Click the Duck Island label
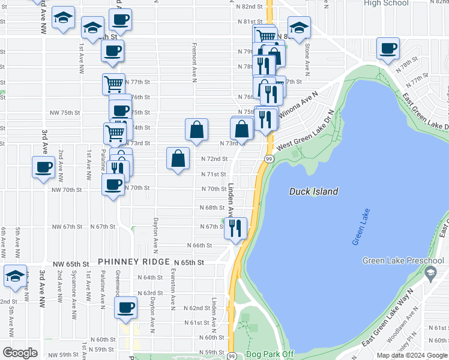coord(313,191)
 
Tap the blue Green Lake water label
coord(360,226)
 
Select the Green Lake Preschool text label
coord(403,260)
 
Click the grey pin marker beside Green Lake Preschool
coord(429,274)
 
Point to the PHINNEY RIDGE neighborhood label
coord(134,262)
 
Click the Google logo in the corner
coord(20,353)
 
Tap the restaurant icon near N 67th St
coord(236,228)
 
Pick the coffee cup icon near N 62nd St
coord(126,308)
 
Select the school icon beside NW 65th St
coord(15,276)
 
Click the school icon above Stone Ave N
coord(299,27)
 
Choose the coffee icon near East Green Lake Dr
coord(388,48)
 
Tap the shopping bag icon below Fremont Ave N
coord(196,130)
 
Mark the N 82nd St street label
coord(250,7)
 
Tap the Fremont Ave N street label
coord(194,62)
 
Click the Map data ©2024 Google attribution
coord(412,355)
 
